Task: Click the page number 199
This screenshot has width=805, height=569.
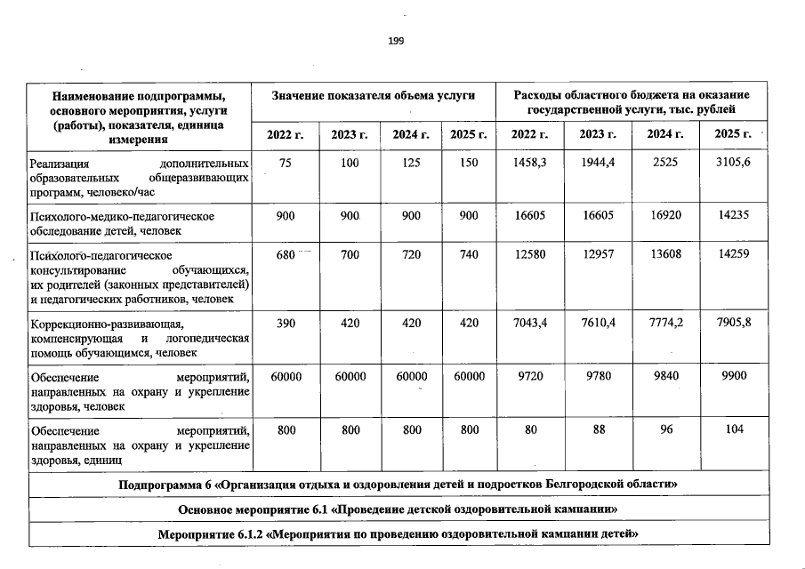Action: [x=396, y=41]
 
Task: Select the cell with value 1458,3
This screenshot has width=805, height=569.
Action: [x=530, y=164]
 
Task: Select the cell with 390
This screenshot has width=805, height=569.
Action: [x=286, y=324]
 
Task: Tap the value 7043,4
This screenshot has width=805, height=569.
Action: [x=530, y=324]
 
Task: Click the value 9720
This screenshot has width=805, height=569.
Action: [x=530, y=377]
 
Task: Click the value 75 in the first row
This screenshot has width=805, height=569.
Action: [x=286, y=164]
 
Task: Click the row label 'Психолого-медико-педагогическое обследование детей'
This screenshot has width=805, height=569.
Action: [x=122, y=223]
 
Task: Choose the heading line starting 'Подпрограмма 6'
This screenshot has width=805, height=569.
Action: [x=398, y=484]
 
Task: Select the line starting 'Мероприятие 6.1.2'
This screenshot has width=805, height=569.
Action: [x=398, y=535]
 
